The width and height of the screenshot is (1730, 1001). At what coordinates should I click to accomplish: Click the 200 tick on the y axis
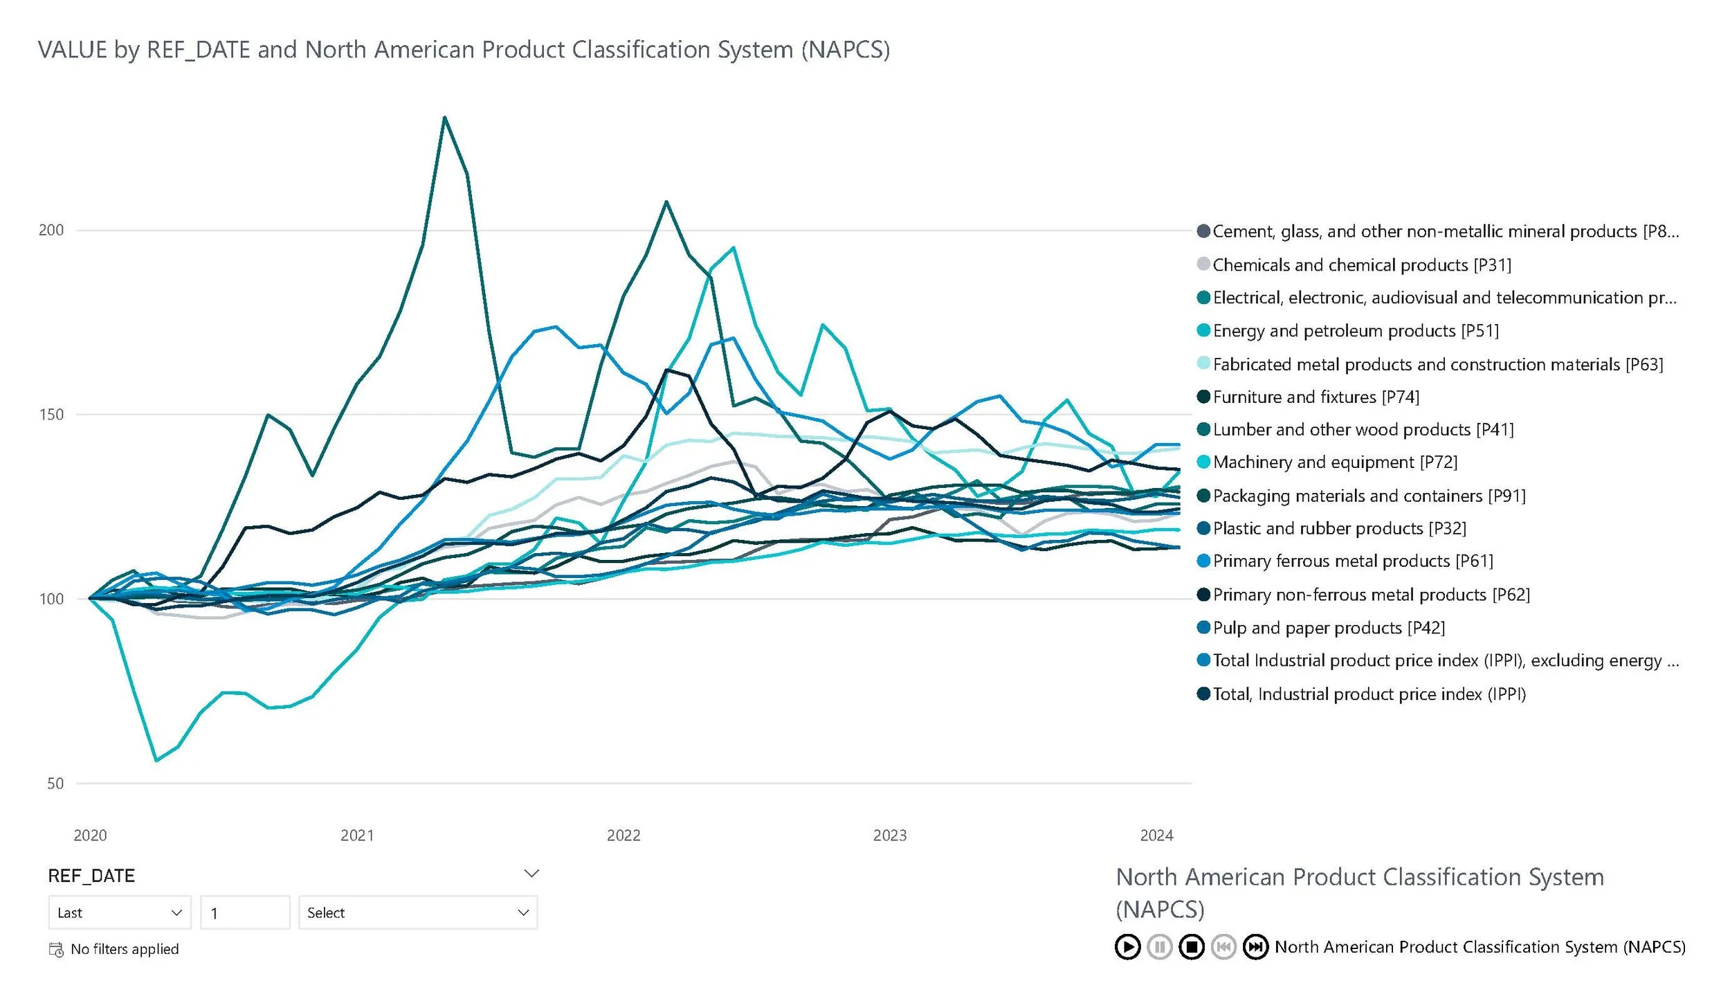tap(51, 231)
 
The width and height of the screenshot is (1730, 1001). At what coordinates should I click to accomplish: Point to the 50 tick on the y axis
tap(55, 784)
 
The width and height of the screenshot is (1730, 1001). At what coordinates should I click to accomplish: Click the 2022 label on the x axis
tap(623, 836)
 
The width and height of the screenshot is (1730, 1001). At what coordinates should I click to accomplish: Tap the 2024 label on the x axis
tap(1156, 836)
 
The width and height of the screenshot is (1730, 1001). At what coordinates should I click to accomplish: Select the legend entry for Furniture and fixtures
tap(1315, 397)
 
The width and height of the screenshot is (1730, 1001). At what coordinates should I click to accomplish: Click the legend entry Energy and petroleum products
tap(1355, 331)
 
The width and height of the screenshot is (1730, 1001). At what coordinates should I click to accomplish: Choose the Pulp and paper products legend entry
tap(1328, 628)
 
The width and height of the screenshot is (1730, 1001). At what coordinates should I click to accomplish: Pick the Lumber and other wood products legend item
tap(1363, 430)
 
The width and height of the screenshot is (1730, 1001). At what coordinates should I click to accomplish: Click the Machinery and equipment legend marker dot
tap(1203, 462)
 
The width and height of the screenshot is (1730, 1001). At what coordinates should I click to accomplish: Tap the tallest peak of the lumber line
tap(444, 117)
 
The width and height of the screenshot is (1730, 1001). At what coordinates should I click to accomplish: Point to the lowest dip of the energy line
tap(156, 761)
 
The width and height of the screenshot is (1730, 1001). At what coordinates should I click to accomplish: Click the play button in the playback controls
tap(1127, 947)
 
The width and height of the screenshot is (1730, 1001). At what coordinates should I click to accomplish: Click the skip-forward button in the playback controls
tap(1255, 947)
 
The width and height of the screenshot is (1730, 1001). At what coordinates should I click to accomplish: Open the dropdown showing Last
tap(119, 913)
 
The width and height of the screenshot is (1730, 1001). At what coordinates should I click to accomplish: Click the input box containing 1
tap(245, 913)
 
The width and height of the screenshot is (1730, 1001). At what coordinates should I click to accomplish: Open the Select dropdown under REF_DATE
tap(418, 913)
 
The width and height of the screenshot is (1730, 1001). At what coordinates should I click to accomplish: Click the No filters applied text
tap(125, 949)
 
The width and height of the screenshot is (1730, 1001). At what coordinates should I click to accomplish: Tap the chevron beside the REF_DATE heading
tap(531, 874)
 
